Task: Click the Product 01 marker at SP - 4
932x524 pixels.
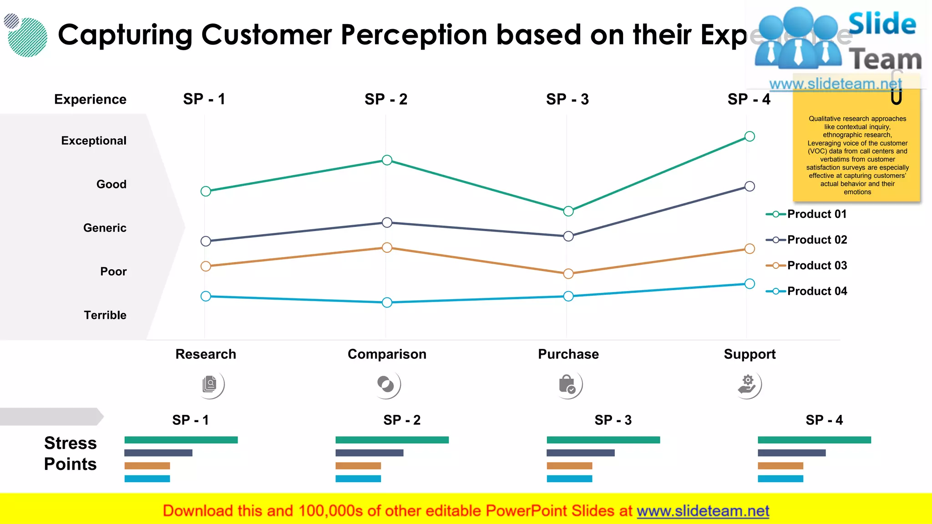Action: (750, 136)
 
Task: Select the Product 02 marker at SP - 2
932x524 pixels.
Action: (387, 222)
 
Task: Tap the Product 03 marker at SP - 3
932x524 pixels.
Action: (568, 273)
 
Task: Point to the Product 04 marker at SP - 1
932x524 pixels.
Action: (206, 296)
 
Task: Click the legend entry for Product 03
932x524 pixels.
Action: (806, 265)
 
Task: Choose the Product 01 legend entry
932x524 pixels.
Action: (806, 214)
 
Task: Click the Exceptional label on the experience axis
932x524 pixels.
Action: (94, 141)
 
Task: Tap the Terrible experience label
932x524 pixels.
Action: (105, 315)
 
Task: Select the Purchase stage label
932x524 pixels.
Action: (568, 354)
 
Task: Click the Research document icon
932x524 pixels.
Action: (210, 384)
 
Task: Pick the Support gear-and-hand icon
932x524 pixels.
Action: (747, 384)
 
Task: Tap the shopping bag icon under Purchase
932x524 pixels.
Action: (567, 384)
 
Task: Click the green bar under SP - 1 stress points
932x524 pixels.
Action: (181, 440)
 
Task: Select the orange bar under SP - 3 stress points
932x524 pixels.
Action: (569, 466)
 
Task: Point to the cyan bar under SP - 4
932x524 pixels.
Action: (780, 479)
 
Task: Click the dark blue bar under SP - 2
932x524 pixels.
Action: (369, 453)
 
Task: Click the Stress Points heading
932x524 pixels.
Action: (71, 453)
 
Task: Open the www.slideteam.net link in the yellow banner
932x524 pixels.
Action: (703, 511)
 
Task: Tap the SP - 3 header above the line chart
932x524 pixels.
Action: (567, 99)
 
